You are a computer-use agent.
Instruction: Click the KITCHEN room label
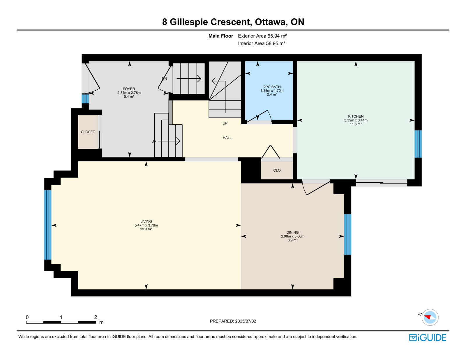coord(356,117)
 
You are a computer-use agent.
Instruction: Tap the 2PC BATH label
coord(272,87)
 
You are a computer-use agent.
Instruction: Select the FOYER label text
coord(129,89)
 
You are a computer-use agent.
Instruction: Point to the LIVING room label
coord(146,221)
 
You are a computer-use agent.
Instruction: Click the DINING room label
coord(292,232)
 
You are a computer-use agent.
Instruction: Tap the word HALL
coord(227,138)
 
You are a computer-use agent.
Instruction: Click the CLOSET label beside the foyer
coord(88,132)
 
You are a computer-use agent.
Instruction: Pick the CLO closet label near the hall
coord(277,170)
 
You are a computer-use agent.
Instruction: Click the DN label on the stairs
coord(165,78)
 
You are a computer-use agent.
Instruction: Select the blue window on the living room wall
coord(48,225)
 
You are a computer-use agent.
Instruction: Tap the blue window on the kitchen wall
coord(418,144)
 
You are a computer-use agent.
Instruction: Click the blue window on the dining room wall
coord(348,234)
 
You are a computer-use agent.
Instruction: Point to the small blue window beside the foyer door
coord(85,99)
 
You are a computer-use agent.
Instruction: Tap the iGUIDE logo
coord(427,338)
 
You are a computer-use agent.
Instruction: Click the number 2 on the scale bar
coord(96,317)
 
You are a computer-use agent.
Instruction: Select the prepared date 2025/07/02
coord(246,321)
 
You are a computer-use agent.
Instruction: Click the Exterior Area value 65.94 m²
coord(277,36)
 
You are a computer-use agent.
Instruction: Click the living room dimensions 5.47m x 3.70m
coord(146,225)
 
